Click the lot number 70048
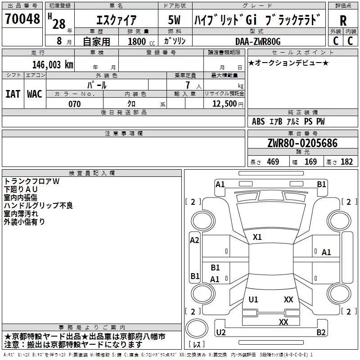coord(22,18)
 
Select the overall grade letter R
coord(343,21)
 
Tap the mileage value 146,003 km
coord(53,65)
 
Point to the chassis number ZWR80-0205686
coord(302,143)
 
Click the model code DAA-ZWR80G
coord(258,41)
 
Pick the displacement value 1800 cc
coord(141,41)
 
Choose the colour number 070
coord(75,104)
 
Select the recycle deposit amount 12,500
coord(224,104)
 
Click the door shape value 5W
coord(174,20)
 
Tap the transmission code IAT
coord(13,94)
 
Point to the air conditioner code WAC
coord(35,94)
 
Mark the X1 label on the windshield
coord(257,237)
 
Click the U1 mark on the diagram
coord(253,299)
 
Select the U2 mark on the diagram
coord(221,332)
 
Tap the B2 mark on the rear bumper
coord(321,332)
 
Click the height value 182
coord(346,162)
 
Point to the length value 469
coord(273,162)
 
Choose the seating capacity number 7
coord(188,85)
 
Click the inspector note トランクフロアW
coord(31,181)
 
